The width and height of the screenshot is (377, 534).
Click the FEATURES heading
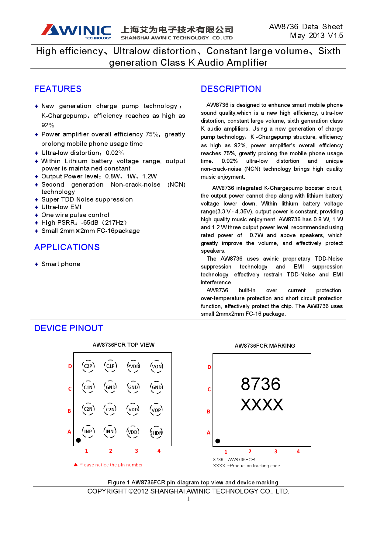coord(58,89)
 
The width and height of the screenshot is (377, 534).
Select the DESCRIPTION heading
coord(231,89)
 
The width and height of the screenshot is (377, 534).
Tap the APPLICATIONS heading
coord(67,247)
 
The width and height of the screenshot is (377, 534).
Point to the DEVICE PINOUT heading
coord(68,328)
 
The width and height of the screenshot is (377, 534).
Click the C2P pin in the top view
coord(88,366)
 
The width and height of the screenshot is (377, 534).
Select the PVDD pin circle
coord(133,366)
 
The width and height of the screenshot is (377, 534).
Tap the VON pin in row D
coord(157,367)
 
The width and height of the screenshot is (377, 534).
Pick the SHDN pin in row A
coord(156,433)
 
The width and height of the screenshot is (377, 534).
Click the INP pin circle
coord(88,431)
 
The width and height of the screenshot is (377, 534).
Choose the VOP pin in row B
coord(156,410)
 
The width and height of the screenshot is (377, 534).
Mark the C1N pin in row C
coord(88,387)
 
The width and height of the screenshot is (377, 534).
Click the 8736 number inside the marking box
coord(261,384)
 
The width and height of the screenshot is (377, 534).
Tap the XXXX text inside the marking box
coord(262,405)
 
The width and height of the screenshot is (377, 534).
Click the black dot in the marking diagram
coord(218,441)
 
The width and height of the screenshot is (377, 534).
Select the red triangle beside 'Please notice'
coord(76,465)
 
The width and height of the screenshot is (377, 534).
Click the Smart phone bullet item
coord(61,264)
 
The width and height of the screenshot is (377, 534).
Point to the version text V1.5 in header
coord(335,36)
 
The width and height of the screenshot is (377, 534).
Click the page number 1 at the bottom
coord(188,499)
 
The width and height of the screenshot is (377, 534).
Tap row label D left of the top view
coord(70,366)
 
